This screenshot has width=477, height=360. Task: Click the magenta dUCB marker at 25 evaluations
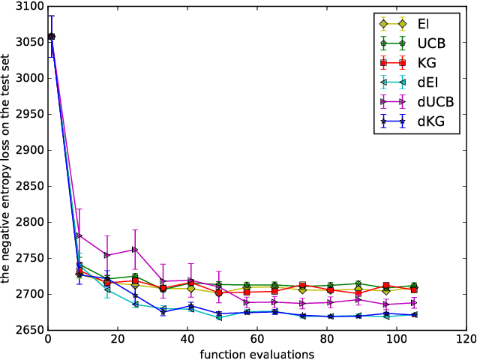click(135, 250)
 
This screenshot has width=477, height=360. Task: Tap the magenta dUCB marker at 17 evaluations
click(106, 255)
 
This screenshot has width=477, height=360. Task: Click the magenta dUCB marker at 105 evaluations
click(414, 303)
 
